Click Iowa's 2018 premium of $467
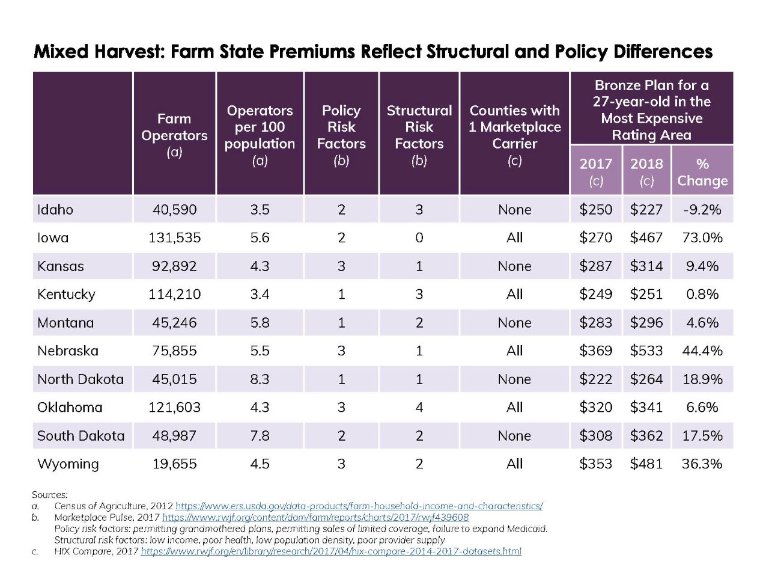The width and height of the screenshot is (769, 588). tap(646, 237)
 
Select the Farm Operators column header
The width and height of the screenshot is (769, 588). tap(174, 135)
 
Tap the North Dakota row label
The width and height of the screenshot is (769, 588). tap(81, 379)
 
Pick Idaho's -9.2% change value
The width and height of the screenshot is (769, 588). tap(702, 210)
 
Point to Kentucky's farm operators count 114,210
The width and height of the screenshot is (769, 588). tap(174, 294)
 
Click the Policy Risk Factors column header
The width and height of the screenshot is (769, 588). tap(341, 135)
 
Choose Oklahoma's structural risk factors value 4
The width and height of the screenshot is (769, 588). tap(419, 407)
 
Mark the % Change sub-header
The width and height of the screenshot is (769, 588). tap(702, 172)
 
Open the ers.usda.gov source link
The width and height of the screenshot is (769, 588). tap(359, 506)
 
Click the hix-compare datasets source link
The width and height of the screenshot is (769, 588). tap(330, 551)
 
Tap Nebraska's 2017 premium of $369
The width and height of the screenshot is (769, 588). tap(595, 351)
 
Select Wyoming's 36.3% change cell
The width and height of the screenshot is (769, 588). tap(702, 464)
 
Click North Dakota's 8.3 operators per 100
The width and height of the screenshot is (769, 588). tap(260, 379)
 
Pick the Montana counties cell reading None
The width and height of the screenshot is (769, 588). tap(514, 323)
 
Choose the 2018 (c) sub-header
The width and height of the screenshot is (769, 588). tap(646, 172)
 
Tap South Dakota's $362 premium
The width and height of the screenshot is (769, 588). tap(646, 435)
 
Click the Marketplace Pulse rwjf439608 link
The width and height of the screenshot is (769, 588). tap(315, 517)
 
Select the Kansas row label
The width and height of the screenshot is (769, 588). tap(61, 266)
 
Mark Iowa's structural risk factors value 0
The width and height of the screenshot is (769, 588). tap(419, 237)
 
